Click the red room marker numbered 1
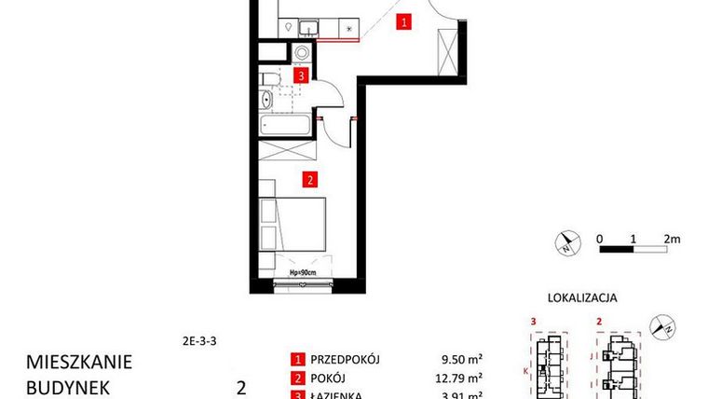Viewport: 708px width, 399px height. (403, 23)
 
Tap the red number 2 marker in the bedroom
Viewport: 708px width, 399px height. (309, 178)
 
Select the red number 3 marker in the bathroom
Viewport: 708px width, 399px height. (302, 76)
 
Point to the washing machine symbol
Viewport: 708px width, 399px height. (302, 52)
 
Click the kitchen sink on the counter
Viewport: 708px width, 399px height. (291, 27)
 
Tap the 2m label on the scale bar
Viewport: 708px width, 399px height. (672, 238)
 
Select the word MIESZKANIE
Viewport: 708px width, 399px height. (80, 361)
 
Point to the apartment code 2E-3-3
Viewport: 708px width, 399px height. (200, 340)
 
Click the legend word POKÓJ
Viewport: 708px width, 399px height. (326, 378)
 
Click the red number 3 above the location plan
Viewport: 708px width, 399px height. (532, 323)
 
